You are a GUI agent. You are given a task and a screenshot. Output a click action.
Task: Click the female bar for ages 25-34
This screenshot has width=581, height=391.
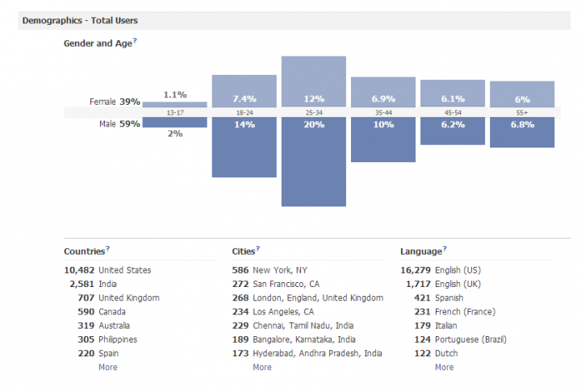click(313, 81)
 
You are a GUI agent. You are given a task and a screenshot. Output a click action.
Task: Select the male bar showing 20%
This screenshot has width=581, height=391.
click(313, 161)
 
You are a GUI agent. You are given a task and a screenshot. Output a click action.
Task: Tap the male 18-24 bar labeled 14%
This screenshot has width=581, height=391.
click(244, 147)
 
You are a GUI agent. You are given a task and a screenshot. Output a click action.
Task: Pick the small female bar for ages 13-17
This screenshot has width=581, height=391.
click(174, 104)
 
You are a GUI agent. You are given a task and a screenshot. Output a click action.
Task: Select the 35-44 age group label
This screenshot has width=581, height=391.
click(382, 113)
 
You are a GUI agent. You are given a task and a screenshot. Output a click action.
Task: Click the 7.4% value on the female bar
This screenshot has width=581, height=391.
click(244, 97)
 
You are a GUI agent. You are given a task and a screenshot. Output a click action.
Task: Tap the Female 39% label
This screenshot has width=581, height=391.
click(116, 102)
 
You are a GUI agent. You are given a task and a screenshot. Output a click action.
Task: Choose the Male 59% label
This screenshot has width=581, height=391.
click(119, 124)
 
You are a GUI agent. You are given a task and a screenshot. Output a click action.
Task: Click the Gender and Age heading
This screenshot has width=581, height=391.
click(98, 44)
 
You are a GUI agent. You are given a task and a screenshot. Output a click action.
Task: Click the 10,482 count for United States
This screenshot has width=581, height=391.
click(78, 270)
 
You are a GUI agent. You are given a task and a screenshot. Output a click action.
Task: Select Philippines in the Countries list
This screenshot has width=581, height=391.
click(122, 339)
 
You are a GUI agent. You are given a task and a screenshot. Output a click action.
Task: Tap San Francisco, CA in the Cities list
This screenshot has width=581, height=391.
click(286, 284)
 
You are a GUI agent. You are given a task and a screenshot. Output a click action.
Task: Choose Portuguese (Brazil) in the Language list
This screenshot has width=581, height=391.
click(470, 339)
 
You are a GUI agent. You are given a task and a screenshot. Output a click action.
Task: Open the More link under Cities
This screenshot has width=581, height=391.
click(261, 367)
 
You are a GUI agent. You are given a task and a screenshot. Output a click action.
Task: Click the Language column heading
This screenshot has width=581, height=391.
click(420, 252)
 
